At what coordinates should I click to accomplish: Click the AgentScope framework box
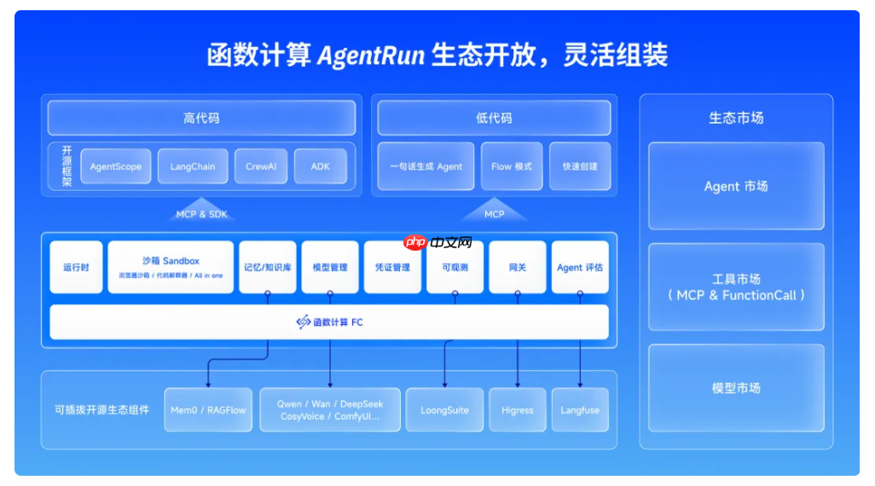[x=116, y=166]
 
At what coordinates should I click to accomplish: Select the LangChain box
[x=193, y=166]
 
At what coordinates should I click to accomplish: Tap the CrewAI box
[x=261, y=166]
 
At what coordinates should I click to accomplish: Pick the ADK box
[x=321, y=166]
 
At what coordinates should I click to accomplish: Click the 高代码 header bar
[x=201, y=119]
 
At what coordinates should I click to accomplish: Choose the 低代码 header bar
[x=494, y=119]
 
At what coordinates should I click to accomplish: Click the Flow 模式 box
[x=512, y=166]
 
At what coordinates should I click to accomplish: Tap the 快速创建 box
[x=581, y=166]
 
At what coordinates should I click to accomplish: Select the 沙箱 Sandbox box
[x=171, y=267]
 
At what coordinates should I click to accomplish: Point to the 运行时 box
[x=76, y=267]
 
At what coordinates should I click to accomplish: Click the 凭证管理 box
[x=392, y=267]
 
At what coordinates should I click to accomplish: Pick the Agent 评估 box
[x=580, y=267]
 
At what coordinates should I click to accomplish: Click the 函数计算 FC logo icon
[x=303, y=322]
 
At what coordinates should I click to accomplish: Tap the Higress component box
[x=518, y=410]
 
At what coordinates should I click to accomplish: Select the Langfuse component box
[x=580, y=410]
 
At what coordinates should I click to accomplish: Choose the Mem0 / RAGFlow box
[x=208, y=410]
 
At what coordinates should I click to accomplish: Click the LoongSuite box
[x=444, y=410]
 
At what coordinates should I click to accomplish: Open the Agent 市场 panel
[x=736, y=186]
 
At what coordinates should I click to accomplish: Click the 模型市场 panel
[x=736, y=388]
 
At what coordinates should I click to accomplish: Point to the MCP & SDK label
[x=202, y=214]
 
